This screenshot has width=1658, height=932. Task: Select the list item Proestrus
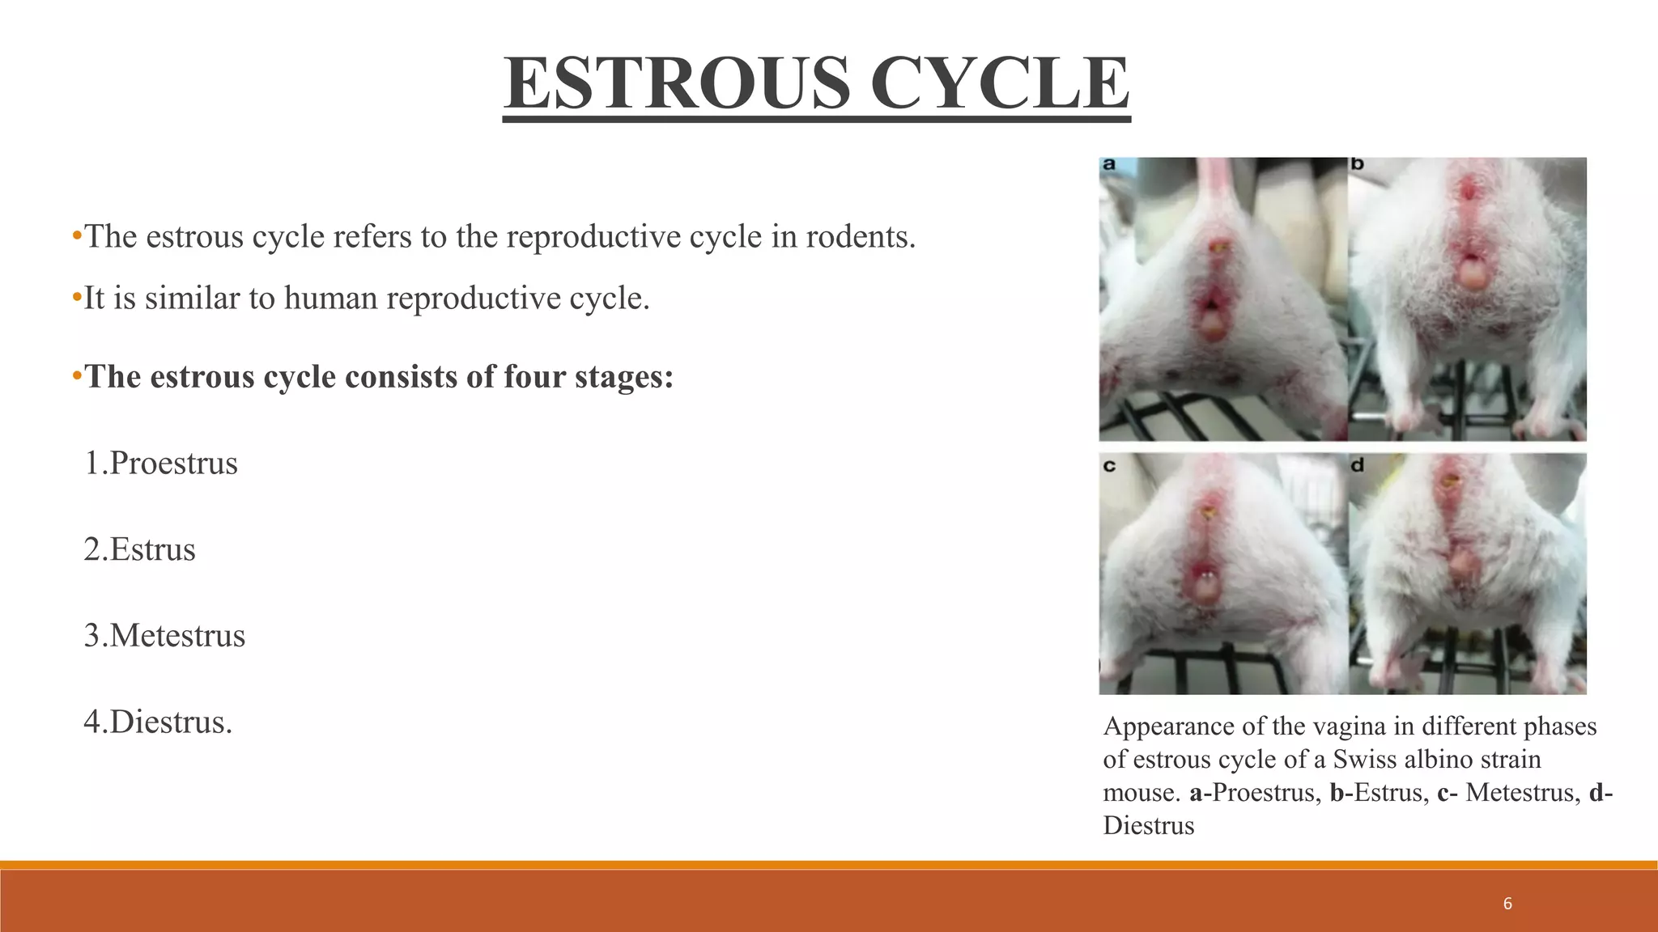[x=173, y=464]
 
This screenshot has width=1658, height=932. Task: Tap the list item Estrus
[x=152, y=550]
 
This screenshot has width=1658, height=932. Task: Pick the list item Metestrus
[x=177, y=636]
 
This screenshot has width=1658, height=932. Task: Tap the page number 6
[x=1507, y=904]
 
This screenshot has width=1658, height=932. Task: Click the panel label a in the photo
[x=1109, y=164]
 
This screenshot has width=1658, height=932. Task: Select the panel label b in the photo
[x=1358, y=164]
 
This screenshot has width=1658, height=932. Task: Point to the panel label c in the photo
[x=1109, y=465]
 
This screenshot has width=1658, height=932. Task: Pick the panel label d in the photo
[x=1358, y=465]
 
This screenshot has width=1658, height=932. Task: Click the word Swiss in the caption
[x=1367, y=760]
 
